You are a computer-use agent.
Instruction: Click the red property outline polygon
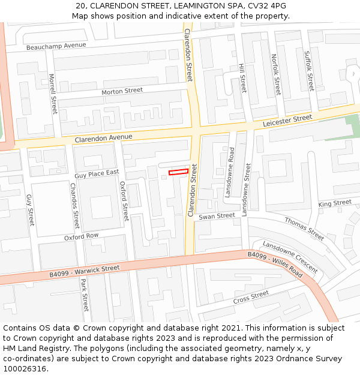coord(178,172)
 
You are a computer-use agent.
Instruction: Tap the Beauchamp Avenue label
coord(56,46)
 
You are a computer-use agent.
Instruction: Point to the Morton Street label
coord(122,91)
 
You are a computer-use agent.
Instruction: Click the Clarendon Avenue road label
coord(103,138)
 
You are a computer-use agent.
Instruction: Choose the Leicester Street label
coord(287,121)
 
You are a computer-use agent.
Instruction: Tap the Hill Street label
coord(242,78)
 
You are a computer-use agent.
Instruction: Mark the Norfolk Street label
coord(275,74)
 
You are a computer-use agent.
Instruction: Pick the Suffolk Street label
coord(309,71)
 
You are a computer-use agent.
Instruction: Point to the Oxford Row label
coord(82,237)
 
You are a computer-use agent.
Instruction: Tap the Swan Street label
coord(217,216)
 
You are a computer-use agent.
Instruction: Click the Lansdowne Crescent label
coord(290,257)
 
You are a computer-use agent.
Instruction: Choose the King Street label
coord(335,204)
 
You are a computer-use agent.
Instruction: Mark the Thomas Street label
coord(304,229)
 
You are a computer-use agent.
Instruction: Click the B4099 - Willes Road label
coord(275,263)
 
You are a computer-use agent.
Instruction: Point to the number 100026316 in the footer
coord(23,369)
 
